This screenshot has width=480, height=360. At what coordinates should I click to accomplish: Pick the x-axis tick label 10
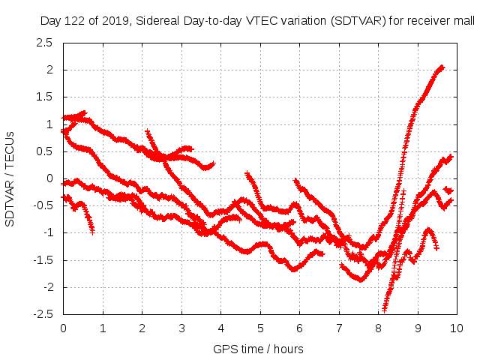click(457, 328)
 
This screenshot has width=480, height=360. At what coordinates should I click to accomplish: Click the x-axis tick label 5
click(260, 328)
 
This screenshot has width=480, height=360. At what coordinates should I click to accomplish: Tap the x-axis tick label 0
click(63, 328)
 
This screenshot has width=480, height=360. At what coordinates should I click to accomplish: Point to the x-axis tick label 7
click(339, 328)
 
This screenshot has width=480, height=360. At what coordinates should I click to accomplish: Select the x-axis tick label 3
click(181, 328)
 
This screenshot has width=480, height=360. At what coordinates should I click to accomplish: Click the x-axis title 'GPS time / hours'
click(259, 349)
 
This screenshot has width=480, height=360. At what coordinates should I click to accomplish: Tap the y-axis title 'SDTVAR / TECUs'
click(10, 178)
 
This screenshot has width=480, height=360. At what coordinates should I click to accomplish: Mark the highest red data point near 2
click(442, 67)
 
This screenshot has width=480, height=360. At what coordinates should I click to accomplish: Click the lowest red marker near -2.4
click(385, 308)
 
